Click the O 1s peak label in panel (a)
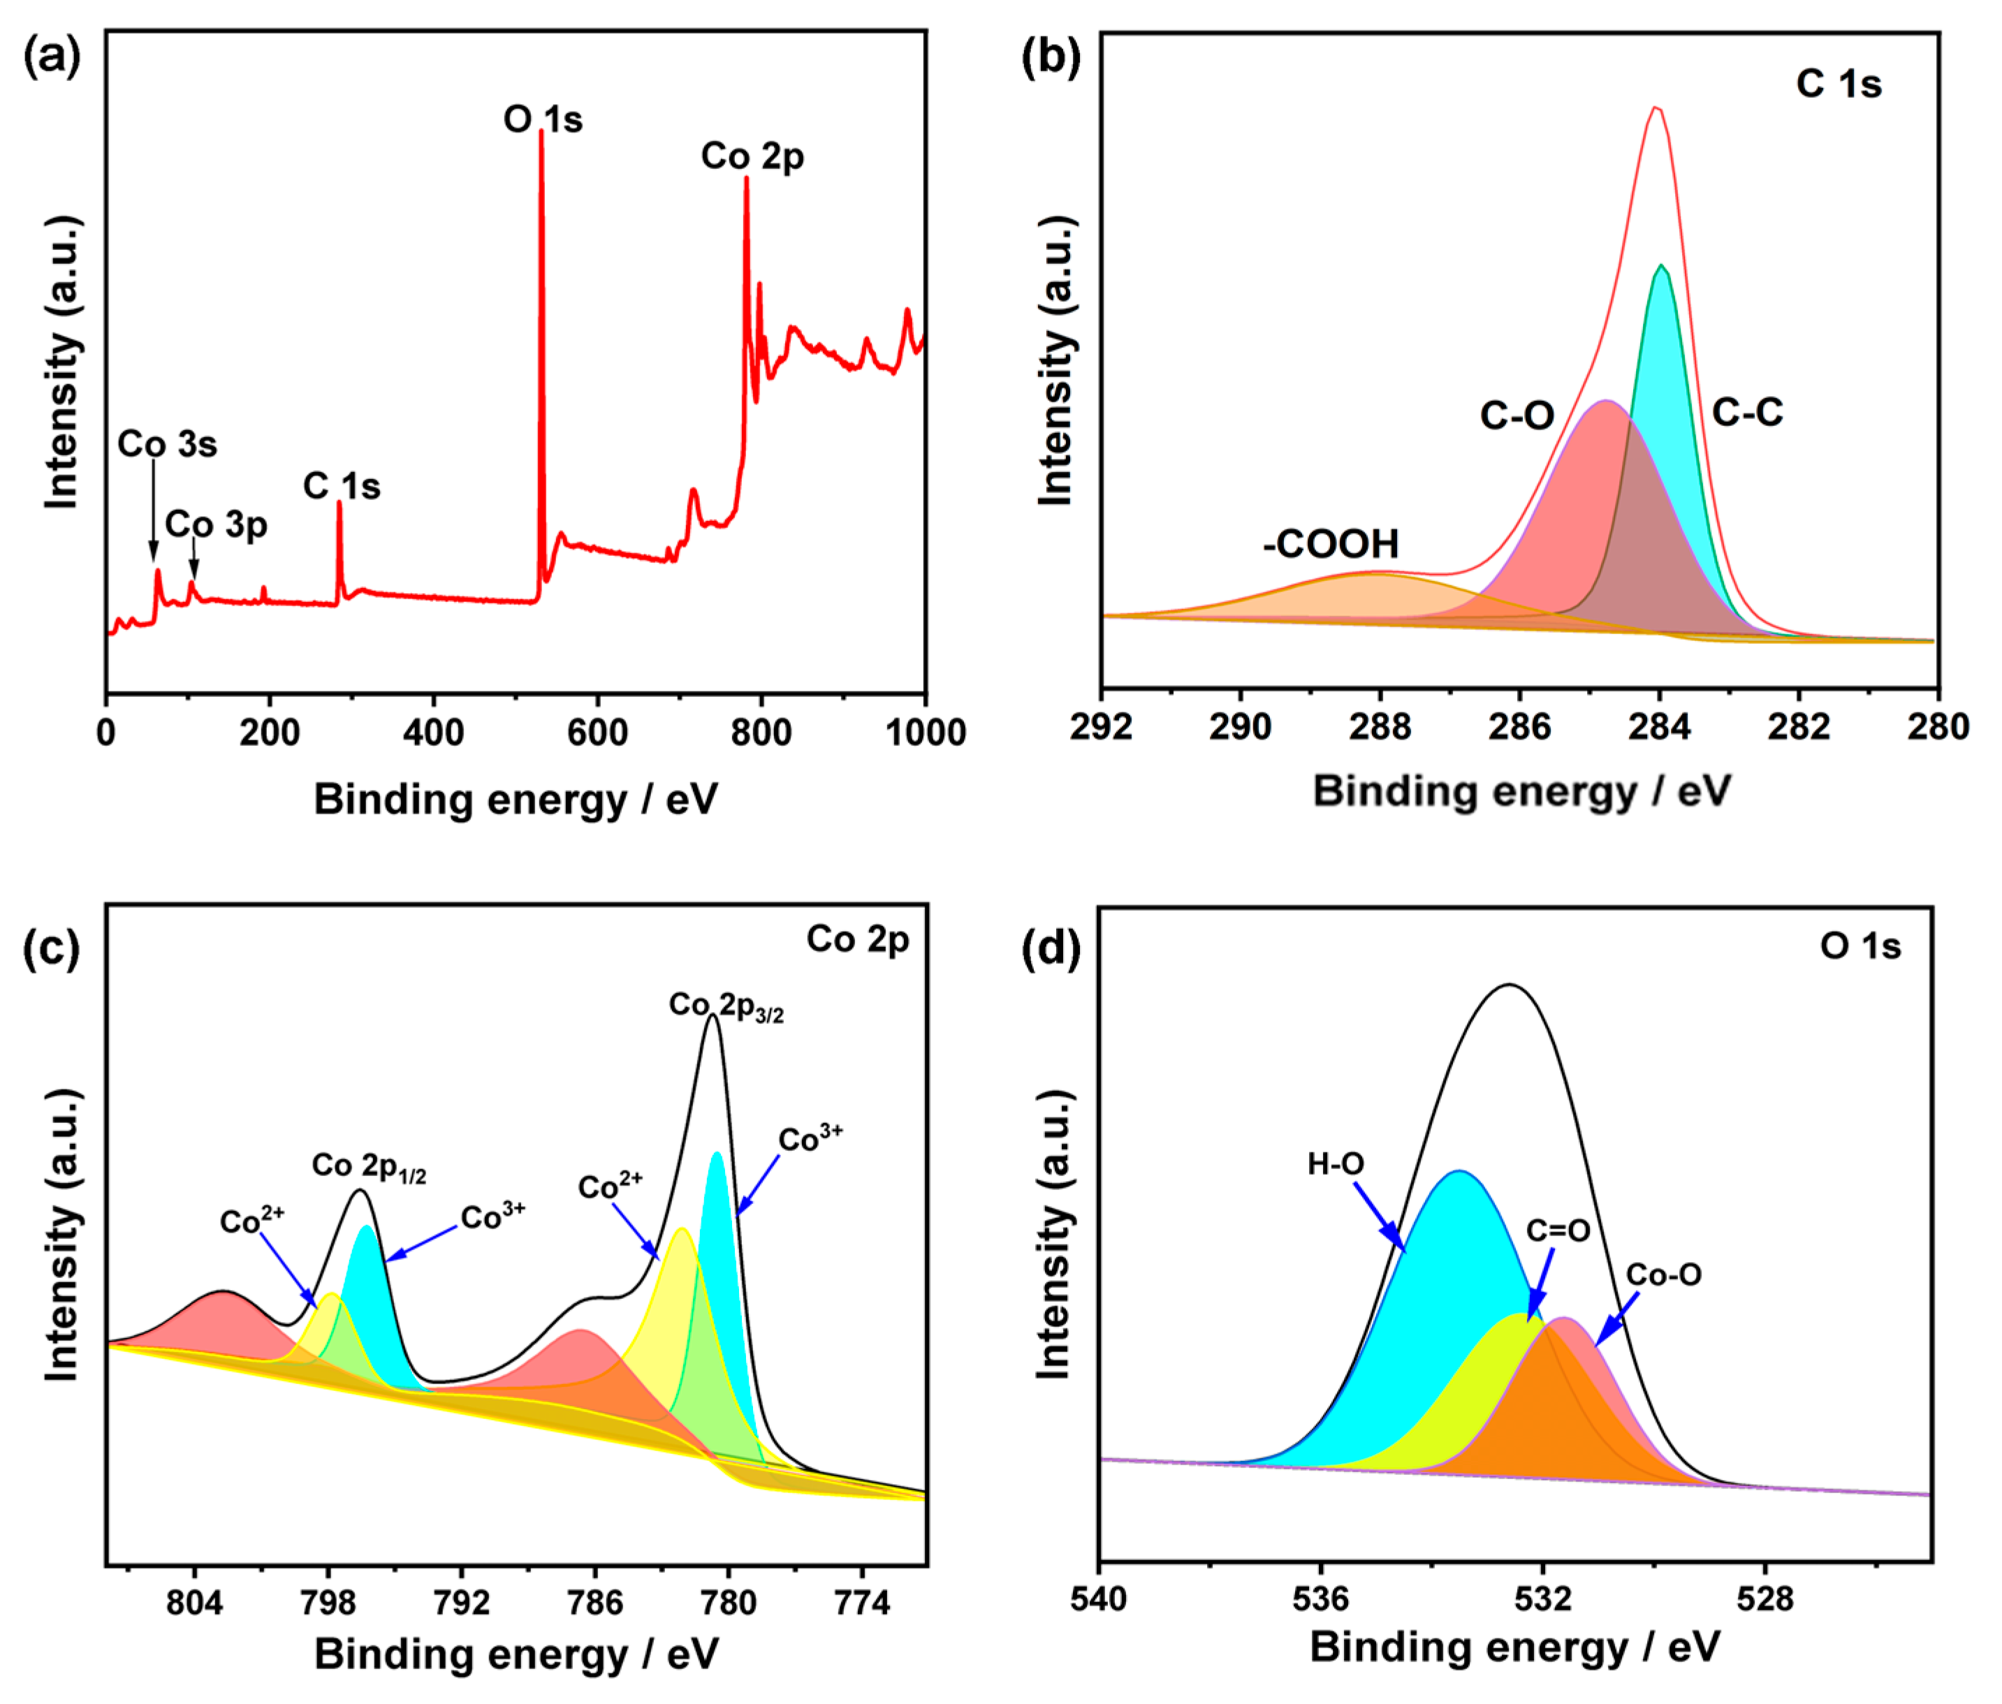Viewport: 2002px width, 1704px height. [x=543, y=120]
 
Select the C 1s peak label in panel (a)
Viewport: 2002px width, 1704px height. [x=342, y=486]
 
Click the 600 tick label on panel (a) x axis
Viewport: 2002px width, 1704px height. [x=597, y=732]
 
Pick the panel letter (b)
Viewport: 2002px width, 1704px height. [x=1051, y=58]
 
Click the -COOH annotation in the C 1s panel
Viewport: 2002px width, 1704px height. [x=1331, y=545]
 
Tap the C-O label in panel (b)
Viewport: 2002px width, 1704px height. [x=1517, y=416]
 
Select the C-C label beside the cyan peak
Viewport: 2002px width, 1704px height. [x=1747, y=413]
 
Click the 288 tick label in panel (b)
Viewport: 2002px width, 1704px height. [x=1380, y=726]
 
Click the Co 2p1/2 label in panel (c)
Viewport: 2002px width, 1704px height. [x=369, y=1167]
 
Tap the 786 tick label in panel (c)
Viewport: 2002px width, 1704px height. [x=595, y=1603]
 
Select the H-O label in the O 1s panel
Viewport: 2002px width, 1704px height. [x=1336, y=1164]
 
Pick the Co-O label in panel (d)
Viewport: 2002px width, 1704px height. [x=1664, y=1275]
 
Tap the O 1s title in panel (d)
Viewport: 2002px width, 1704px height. [x=1860, y=947]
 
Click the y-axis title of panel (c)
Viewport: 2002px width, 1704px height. [x=63, y=1237]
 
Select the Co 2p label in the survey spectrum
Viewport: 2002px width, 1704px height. [x=753, y=156]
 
